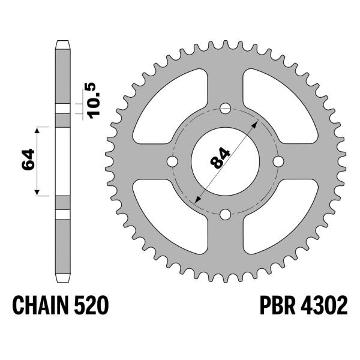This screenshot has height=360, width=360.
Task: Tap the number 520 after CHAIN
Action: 92,307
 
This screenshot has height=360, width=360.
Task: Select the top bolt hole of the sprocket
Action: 226,109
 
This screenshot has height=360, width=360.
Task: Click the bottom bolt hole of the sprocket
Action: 226,215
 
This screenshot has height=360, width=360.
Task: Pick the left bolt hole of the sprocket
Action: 172,162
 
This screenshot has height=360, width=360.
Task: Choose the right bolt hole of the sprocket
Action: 278,162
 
